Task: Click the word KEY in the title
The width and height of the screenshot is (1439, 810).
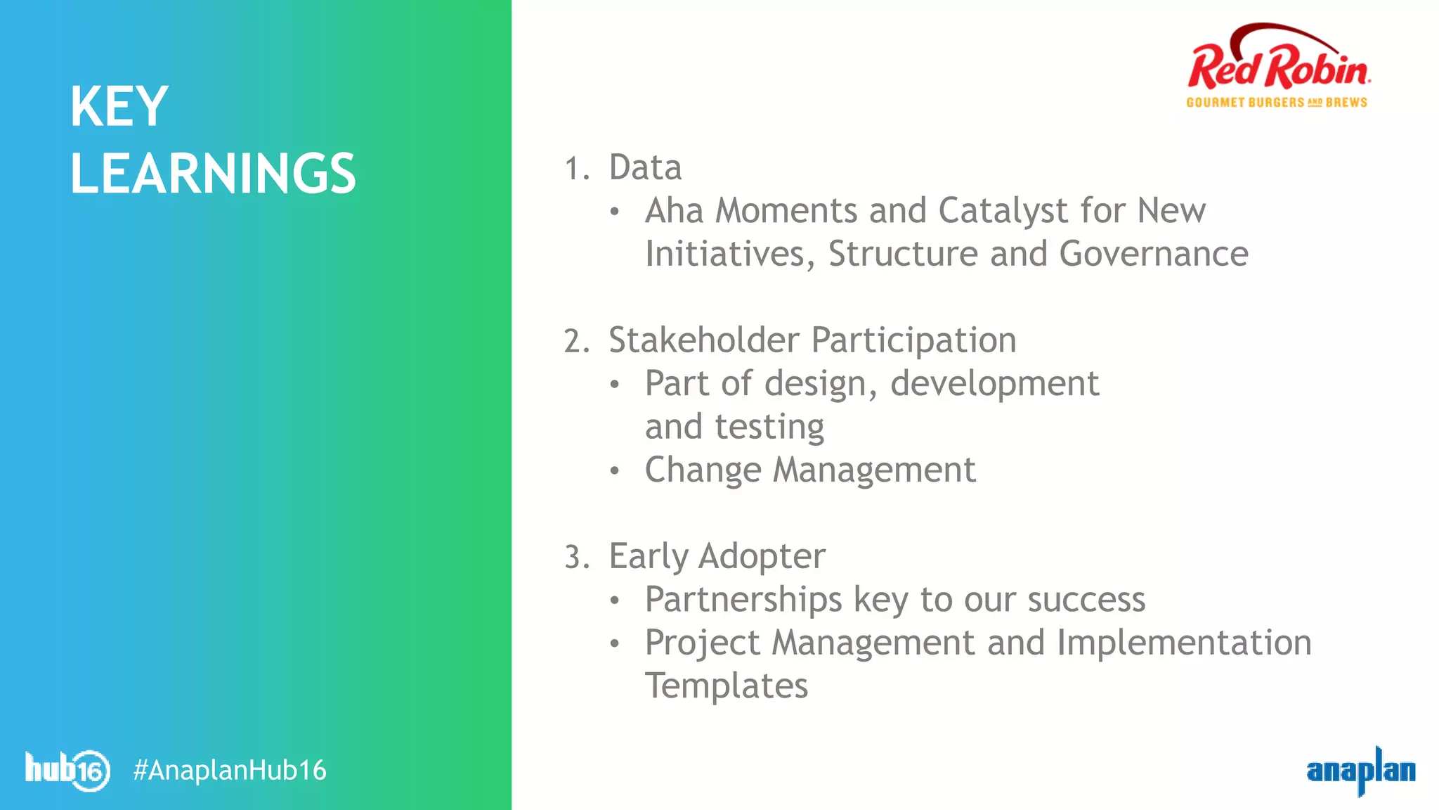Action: pyautogui.click(x=119, y=107)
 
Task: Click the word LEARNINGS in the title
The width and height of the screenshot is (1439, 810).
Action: pyautogui.click(x=213, y=174)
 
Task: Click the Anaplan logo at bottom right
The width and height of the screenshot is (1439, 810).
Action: pyautogui.click(x=1360, y=771)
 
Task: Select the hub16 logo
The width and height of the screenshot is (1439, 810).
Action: pyautogui.click(x=67, y=770)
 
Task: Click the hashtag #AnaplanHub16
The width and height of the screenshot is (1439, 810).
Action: pyautogui.click(x=230, y=771)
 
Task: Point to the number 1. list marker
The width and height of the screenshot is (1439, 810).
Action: pyautogui.click(x=577, y=169)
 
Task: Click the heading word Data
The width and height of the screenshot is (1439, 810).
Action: pyautogui.click(x=645, y=168)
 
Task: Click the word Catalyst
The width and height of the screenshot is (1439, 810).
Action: pyautogui.click(x=1003, y=211)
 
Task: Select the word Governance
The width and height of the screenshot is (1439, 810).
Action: pyautogui.click(x=1153, y=254)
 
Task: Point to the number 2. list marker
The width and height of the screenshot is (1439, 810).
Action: pyautogui.click(x=577, y=342)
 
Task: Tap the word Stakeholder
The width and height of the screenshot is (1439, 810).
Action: pyautogui.click(x=703, y=340)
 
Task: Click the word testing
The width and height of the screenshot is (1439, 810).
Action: pyautogui.click(x=769, y=427)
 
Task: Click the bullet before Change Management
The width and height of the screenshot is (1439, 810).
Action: pyautogui.click(x=615, y=470)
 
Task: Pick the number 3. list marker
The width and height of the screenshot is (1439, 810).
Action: pyautogui.click(x=577, y=558)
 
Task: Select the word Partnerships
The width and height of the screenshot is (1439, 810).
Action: pyautogui.click(x=743, y=600)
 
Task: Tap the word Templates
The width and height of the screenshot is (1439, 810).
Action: pyautogui.click(x=727, y=686)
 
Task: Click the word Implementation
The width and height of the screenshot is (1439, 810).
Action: pyautogui.click(x=1184, y=643)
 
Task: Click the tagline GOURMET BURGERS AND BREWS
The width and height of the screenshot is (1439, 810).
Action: pyautogui.click(x=1277, y=103)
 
